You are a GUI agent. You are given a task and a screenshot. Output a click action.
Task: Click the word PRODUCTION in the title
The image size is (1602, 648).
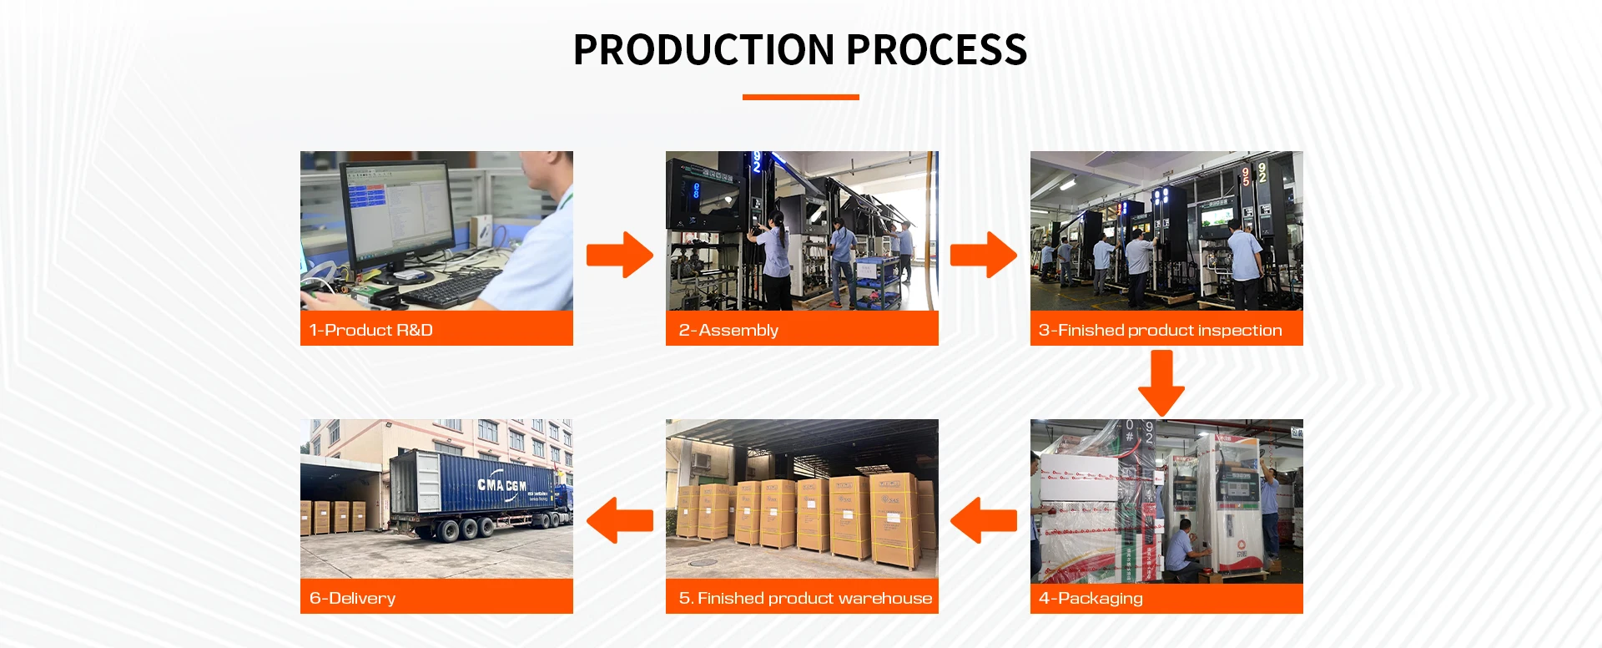click(703, 50)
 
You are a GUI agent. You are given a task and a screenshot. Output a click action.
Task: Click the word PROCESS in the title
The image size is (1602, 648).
click(936, 50)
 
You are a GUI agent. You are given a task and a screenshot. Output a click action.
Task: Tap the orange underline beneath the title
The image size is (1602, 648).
click(800, 98)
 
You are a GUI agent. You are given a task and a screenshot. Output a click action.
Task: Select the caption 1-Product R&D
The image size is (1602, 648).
click(370, 330)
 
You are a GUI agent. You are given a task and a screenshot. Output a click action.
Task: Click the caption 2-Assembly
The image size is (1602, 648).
click(728, 330)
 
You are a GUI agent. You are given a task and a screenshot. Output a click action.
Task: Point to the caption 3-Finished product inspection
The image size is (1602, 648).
click(1160, 330)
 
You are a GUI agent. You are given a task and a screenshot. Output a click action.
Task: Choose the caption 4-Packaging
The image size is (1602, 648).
click(1091, 598)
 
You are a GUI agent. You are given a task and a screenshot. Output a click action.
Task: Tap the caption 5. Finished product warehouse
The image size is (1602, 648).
click(805, 598)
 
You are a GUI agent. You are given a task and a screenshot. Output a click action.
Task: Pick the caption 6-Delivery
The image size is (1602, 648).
click(352, 598)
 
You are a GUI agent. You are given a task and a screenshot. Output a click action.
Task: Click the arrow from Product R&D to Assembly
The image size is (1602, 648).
click(620, 255)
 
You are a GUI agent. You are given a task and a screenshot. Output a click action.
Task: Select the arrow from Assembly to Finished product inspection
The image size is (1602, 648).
click(984, 255)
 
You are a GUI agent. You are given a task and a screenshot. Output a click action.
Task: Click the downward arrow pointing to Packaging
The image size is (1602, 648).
click(1161, 382)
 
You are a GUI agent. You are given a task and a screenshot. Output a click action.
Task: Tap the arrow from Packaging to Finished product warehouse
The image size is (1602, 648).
click(984, 520)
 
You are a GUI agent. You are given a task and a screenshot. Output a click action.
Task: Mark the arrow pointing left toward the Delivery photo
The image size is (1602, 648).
click(620, 520)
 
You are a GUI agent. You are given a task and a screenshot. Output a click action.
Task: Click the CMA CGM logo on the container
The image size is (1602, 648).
click(501, 484)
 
